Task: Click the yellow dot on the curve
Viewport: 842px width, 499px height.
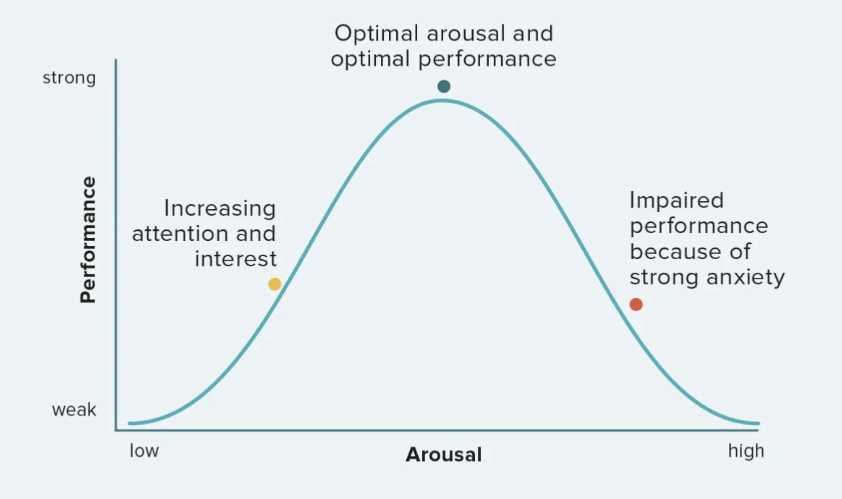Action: point(275,284)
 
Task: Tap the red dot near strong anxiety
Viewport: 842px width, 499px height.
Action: point(636,304)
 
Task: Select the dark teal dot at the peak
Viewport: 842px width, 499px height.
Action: point(444,87)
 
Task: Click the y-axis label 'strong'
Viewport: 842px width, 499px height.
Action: point(69,78)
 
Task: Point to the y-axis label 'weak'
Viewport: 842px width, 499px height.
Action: point(74,410)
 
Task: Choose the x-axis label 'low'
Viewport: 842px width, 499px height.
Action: point(144,450)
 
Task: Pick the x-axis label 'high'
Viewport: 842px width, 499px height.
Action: point(746,450)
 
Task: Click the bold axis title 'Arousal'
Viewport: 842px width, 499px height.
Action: point(444,454)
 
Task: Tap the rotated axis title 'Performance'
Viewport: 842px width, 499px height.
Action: point(88,240)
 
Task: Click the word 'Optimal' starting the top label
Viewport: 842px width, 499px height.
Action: point(376,34)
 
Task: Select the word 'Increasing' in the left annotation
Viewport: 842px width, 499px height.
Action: point(220,208)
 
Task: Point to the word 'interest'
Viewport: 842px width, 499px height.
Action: point(236,259)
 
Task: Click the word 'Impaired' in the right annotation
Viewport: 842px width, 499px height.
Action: point(676,200)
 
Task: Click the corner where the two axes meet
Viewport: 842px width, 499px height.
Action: point(116,429)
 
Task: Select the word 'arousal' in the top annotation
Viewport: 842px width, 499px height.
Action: point(466,34)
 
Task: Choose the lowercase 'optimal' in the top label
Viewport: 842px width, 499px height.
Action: point(370,59)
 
